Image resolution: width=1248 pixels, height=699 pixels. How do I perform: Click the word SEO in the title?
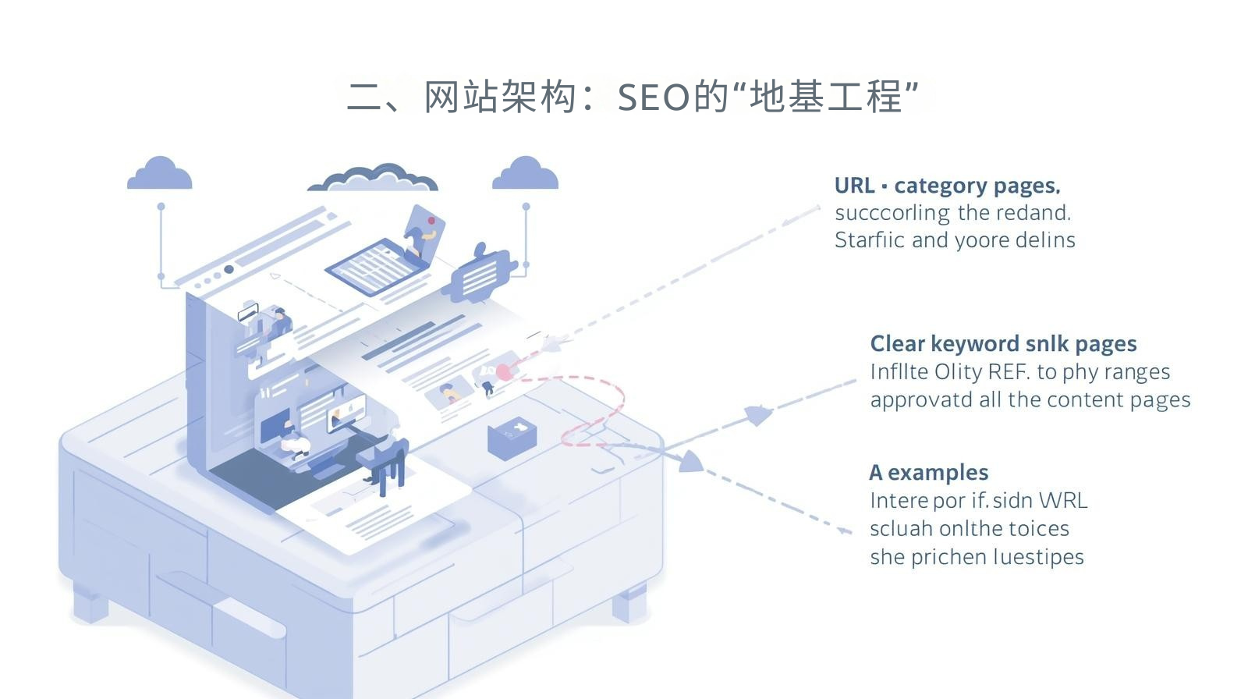pyautogui.click(x=654, y=98)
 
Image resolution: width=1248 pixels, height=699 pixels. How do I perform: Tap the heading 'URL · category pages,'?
pyautogui.click(x=947, y=186)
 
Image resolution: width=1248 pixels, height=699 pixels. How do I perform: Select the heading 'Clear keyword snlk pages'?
pyautogui.click(x=1003, y=344)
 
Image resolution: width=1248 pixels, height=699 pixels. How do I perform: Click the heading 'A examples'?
pyautogui.click(x=928, y=473)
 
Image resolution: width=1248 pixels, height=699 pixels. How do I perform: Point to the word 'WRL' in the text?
pyautogui.click(x=1063, y=501)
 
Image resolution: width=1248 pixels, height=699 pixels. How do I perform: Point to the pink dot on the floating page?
pyautogui.click(x=504, y=372)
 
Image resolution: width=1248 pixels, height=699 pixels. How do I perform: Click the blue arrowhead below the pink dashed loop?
pyautogui.click(x=690, y=462)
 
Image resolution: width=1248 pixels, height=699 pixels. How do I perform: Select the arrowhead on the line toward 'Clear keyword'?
pyautogui.click(x=757, y=415)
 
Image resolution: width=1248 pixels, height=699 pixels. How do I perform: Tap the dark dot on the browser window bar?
pyautogui.click(x=229, y=269)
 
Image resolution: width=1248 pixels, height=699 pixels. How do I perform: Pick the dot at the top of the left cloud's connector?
pyautogui.click(x=161, y=207)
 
